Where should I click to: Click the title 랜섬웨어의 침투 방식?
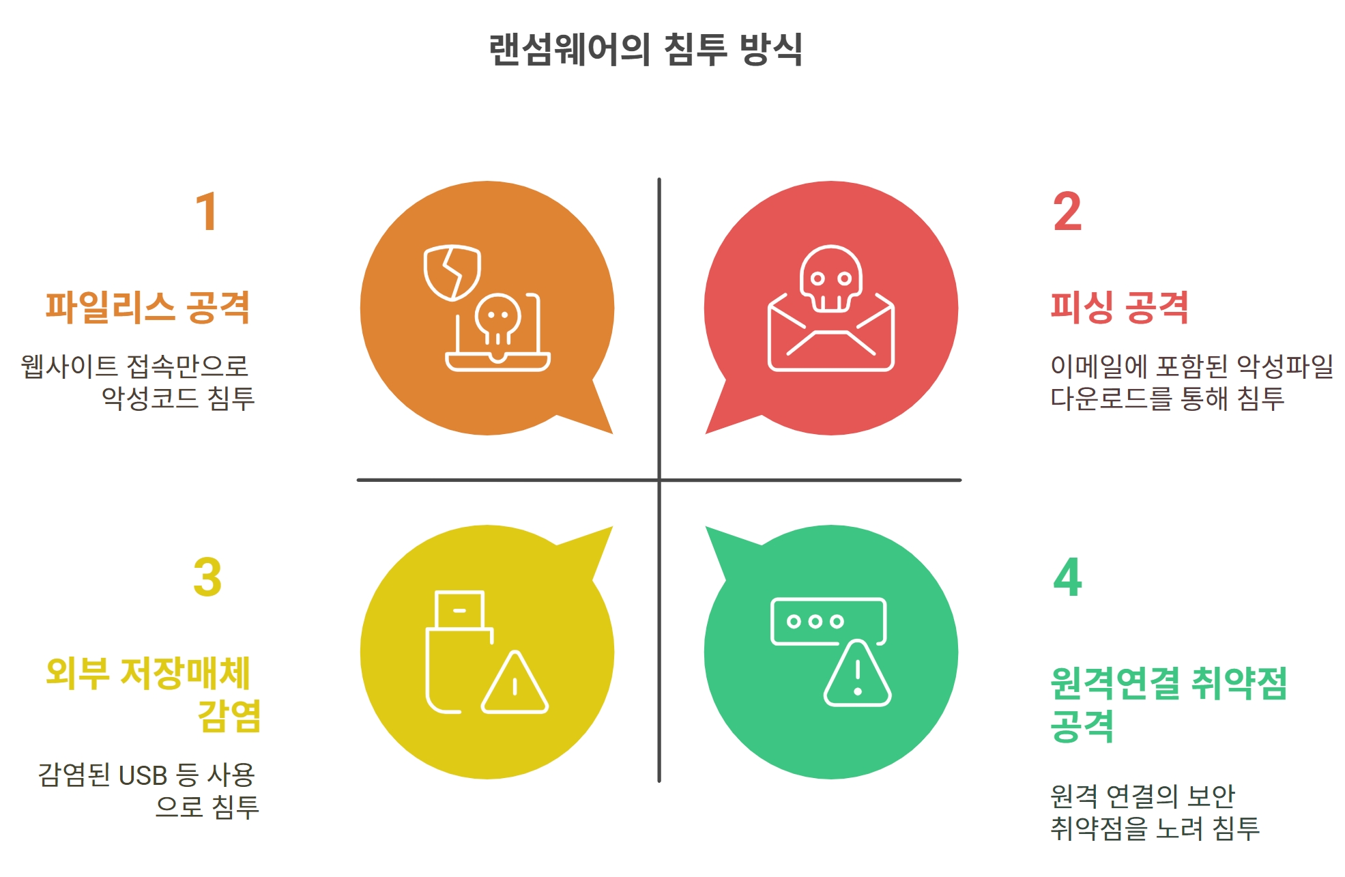tap(646, 49)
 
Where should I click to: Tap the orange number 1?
tap(207, 212)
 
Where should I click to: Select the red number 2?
tap(1067, 212)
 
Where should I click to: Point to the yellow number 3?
tap(207, 577)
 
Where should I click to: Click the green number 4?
tap(1067, 577)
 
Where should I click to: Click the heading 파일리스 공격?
tap(148, 307)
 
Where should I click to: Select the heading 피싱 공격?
tap(1119, 307)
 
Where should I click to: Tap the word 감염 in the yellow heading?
tap(229, 715)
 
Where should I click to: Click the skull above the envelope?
tap(830, 278)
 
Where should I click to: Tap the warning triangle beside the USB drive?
tap(515, 682)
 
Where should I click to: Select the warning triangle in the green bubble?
tap(858, 674)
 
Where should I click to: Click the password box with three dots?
tap(828, 621)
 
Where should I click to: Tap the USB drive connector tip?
tap(459, 609)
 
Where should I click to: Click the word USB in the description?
tap(143, 776)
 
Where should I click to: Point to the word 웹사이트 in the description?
tap(69, 366)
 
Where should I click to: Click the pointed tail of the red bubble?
tap(707, 432)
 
